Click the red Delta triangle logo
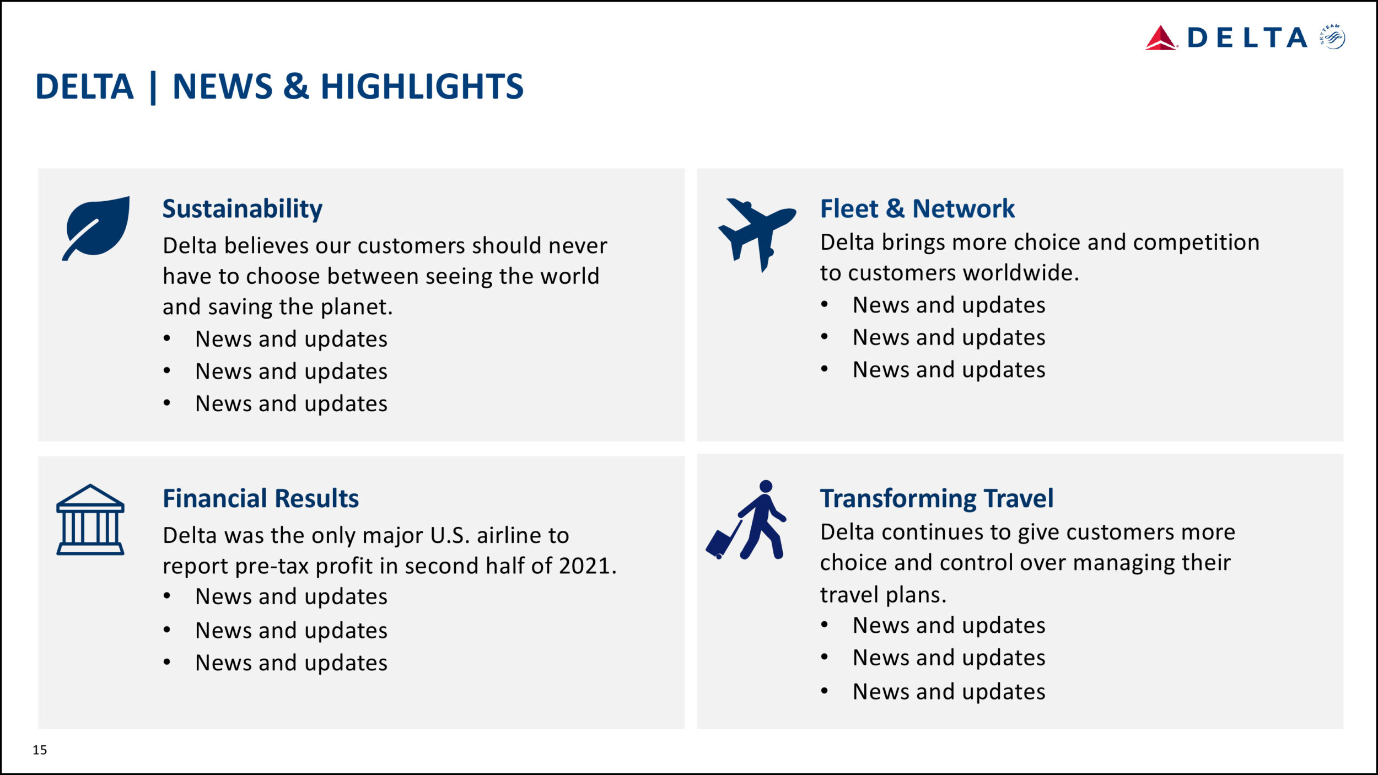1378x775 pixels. [x=1161, y=38]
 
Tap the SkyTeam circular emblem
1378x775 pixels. [x=1333, y=37]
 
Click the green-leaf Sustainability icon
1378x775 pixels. [x=96, y=228]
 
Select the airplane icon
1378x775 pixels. [x=757, y=235]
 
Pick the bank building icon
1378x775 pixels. [x=90, y=519]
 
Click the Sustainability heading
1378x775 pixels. [x=243, y=209]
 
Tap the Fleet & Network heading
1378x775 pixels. [x=917, y=209]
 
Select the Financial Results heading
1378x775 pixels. [x=261, y=498]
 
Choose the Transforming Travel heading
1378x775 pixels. [x=936, y=499]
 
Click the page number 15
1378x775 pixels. [x=40, y=750]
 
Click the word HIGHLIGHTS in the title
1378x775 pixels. [x=422, y=87]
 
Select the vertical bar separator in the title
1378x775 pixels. [x=153, y=88]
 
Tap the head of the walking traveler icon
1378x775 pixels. [x=766, y=486]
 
